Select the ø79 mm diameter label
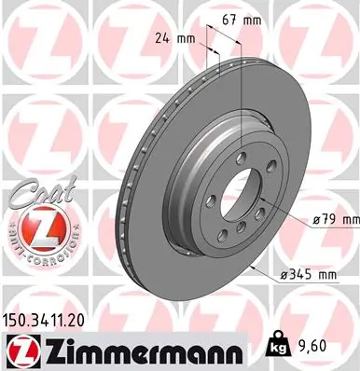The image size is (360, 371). coord(333,220)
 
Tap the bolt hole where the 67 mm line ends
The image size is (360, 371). coord(242,158)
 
